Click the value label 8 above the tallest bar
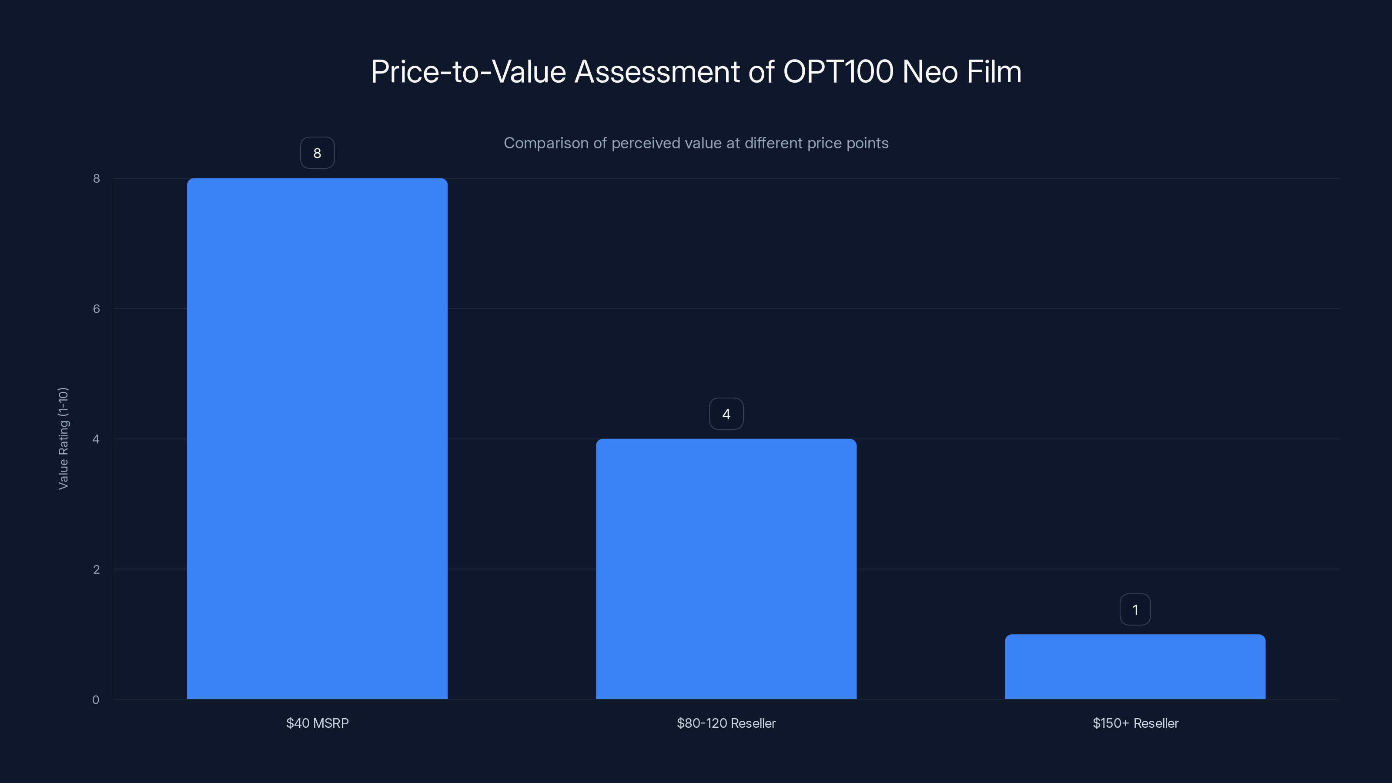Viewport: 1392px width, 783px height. [x=317, y=153]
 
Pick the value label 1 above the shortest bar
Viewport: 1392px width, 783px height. [x=1135, y=609]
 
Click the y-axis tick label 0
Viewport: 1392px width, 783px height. [x=96, y=700]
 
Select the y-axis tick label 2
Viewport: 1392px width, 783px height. [x=96, y=569]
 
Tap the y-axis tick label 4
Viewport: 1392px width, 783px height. [x=96, y=439]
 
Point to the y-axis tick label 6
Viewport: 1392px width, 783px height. [x=96, y=308]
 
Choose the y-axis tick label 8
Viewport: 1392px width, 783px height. [x=96, y=178]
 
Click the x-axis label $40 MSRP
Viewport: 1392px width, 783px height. [x=317, y=723]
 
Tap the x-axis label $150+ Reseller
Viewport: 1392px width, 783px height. [x=1135, y=723]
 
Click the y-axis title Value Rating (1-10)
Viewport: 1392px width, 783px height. [x=63, y=438]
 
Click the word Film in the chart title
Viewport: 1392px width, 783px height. [x=994, y=72]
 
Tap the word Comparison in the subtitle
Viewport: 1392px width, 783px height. [x=546, y=143]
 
